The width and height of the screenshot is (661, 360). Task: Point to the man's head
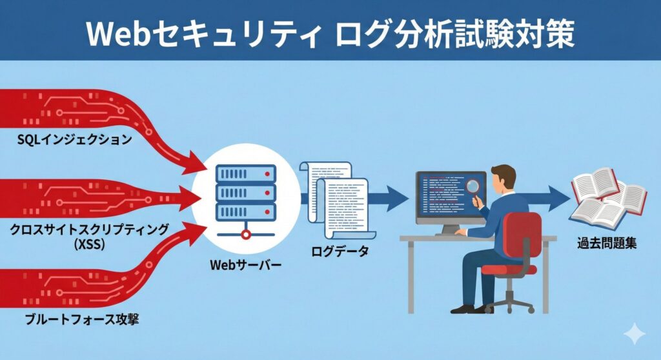[503, 178]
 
